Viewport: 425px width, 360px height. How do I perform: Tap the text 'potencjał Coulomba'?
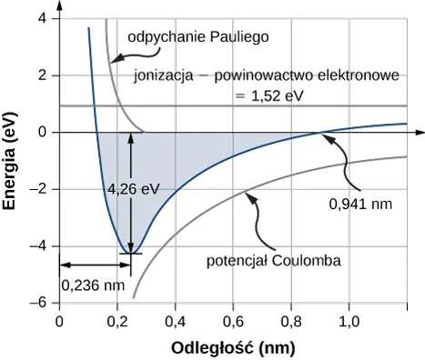coord(274,261)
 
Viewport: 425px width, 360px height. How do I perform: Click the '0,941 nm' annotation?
coord(359,203)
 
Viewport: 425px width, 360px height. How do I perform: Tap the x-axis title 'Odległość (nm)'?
coord(232,347)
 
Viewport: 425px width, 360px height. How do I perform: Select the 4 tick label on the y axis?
coord(43,19)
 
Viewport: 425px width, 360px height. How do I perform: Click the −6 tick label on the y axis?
coord(39,303)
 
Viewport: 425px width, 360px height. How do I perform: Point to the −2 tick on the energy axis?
coord(39,189)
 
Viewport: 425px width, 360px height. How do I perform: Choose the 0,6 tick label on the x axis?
coord(232,321)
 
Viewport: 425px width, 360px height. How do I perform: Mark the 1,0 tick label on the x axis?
coord(348,321)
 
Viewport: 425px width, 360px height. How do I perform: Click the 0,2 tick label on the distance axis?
coord(116,321)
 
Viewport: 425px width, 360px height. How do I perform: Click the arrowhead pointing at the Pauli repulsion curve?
coord(112,61)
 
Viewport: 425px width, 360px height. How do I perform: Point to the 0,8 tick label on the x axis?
coord(290,321)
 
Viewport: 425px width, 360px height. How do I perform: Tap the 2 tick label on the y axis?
coord(43,76)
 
